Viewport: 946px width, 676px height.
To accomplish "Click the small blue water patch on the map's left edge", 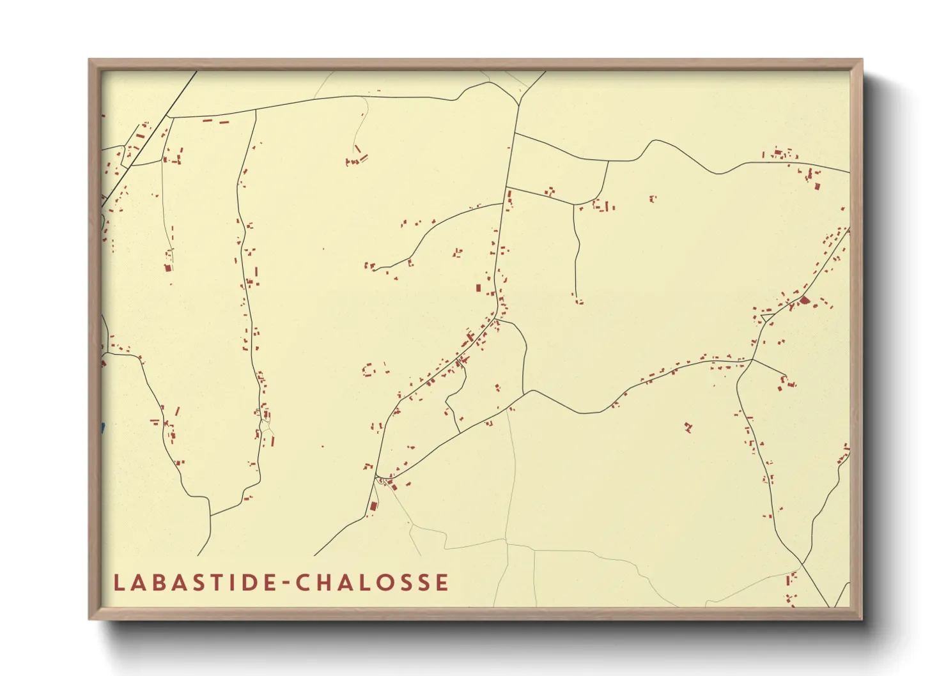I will pos(102,427).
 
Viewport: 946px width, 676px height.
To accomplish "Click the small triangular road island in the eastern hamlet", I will pos(767,318).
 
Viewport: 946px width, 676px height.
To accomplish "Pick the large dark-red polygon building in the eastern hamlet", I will pos(804,299).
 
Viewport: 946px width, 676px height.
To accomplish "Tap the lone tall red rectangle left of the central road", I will pos(477,288).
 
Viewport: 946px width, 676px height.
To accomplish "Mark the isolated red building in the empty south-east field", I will pos(688,427).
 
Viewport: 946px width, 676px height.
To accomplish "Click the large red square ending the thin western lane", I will pos(168,268).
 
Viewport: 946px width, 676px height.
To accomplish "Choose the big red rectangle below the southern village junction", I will pos(374,507).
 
